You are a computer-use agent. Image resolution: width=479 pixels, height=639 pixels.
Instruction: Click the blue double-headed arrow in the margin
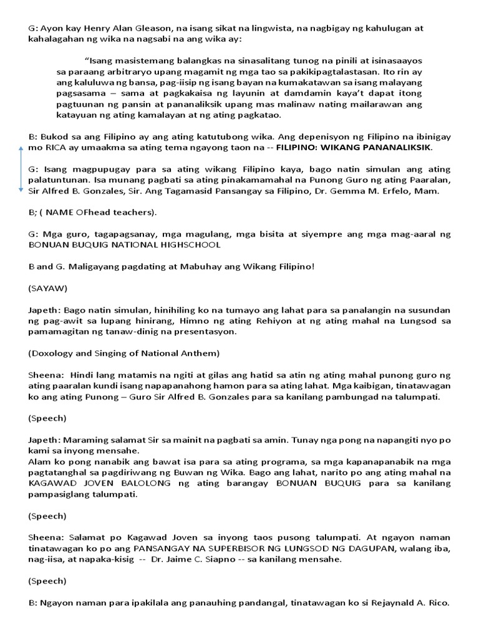(21, 169)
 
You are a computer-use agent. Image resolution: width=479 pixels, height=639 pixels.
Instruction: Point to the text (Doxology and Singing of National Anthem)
(123, 353)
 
